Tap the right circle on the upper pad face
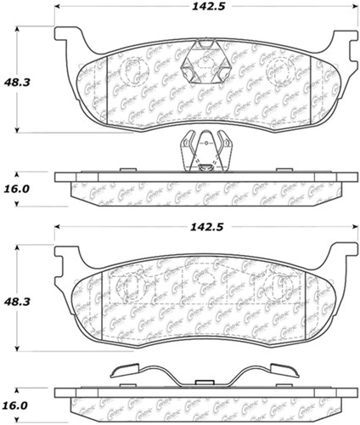coord(280,71)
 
